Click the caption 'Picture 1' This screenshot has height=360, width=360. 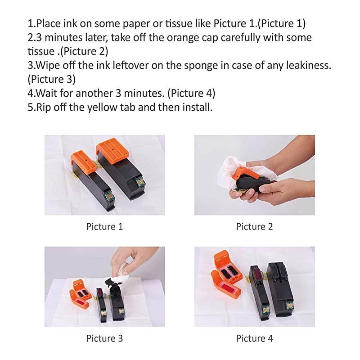click(104, 226)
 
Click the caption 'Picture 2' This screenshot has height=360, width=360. click(254, 226)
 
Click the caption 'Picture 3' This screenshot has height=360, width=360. click(104, 338)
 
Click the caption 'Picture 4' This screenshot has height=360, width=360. click(254, 338)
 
